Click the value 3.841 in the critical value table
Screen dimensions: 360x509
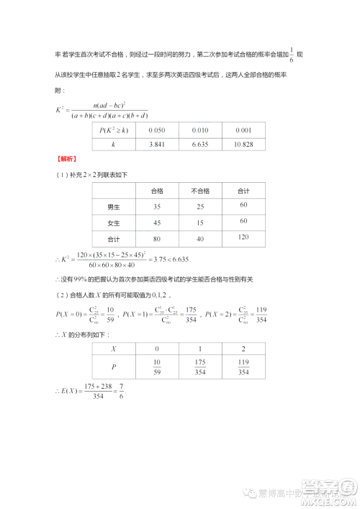point(157,145)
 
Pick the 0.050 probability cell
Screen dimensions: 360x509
point(157,130)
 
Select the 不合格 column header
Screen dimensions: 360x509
point(200,191)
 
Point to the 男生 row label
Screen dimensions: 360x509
point(114,207)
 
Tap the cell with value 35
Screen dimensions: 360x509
point(157,207)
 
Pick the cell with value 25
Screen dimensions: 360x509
point(200,207)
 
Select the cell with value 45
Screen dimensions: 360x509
point(157,222)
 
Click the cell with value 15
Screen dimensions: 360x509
point(200,222)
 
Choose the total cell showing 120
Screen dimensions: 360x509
point(243,237)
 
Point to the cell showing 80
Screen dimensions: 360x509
point(157,238)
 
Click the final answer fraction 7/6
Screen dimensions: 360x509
point(120,392)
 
